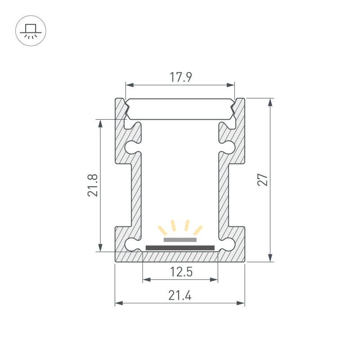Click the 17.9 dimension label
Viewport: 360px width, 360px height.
(180, 77)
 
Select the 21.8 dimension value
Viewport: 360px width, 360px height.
(93, 185)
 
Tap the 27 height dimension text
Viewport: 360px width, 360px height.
(263, 180)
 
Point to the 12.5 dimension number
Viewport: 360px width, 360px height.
(181, 272)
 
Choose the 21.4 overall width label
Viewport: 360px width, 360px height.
(180, 296)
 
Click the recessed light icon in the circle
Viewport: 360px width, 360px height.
(31, 31)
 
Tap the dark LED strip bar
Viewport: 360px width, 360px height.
(180, 248)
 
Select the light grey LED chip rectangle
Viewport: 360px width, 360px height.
(180, 240)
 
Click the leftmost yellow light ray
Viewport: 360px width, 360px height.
(162, 230)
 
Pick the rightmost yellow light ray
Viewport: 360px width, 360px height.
(198, 230)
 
